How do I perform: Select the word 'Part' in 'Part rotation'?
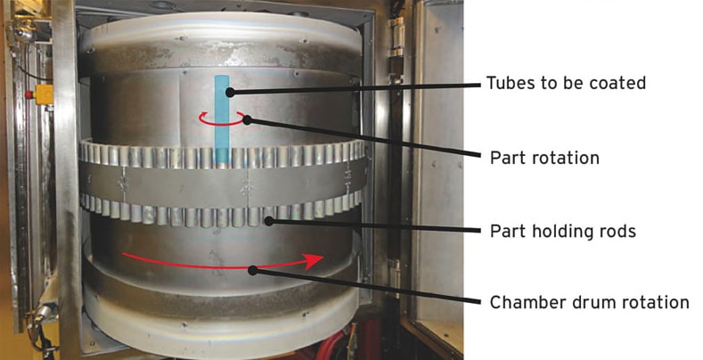tap(506, 158)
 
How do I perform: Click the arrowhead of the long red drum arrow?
tap(311, 260)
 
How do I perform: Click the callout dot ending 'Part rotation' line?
tap(249, 119)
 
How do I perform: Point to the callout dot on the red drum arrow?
tap(253, 268)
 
